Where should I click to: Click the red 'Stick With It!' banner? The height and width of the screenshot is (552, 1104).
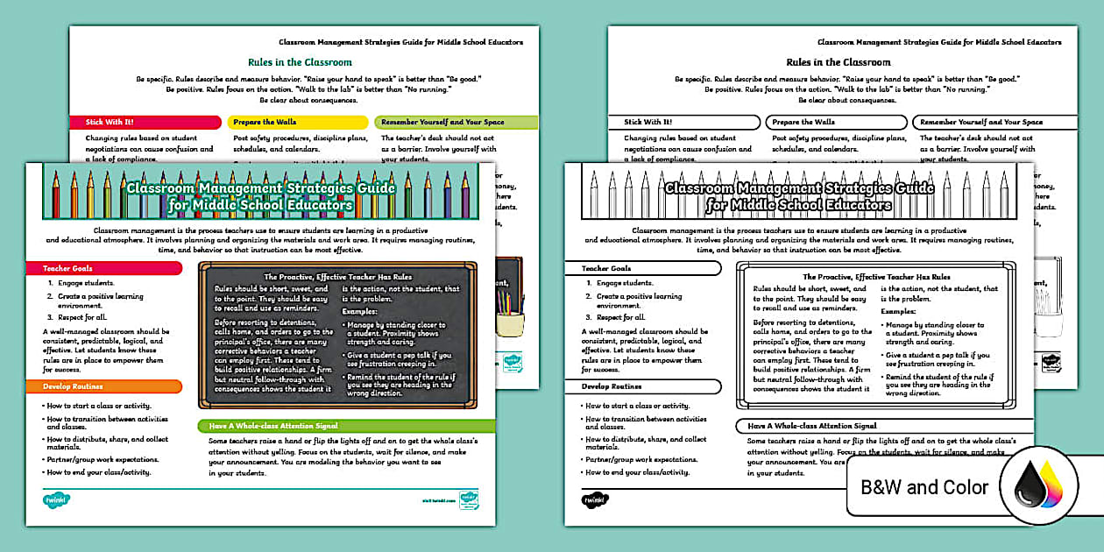coord(145,123)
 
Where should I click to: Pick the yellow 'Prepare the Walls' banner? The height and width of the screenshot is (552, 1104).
coord(297,123)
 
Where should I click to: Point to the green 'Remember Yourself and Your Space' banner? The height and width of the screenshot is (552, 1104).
coord(456,123)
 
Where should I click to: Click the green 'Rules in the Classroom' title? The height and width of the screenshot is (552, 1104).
coord(300,62)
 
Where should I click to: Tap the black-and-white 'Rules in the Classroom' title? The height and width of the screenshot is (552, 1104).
coord(839,62)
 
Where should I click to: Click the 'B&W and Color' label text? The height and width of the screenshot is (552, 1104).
coord(924,487)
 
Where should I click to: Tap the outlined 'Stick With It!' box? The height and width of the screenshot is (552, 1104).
coord(684,123)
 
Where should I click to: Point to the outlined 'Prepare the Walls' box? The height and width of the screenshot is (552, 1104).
coord(836,123)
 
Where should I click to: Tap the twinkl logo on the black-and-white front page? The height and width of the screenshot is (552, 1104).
coord(596,499)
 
